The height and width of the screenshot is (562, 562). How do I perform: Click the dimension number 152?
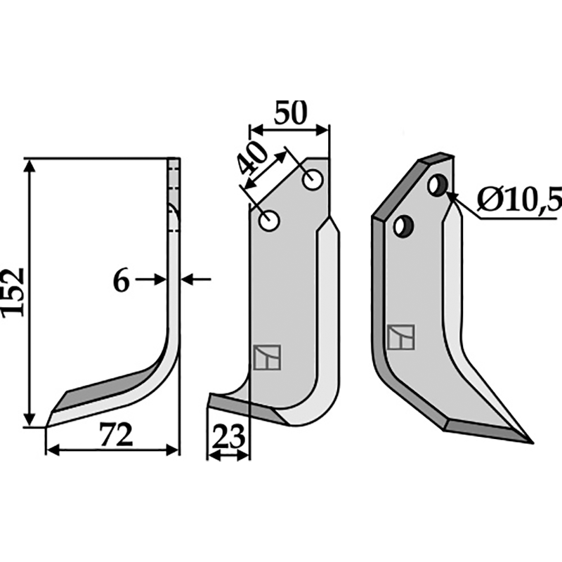[x=13, y=292]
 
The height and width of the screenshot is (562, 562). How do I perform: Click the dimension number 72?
[x=116, y=434]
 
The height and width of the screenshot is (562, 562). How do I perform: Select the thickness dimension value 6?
[x=121, y=281]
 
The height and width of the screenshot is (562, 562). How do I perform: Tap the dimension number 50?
[x=291, y=112]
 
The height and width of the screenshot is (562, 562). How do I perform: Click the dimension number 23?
[x=228, y=436]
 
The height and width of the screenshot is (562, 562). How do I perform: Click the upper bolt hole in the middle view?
[x=313, y=179]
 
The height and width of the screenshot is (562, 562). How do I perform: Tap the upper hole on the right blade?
[x=438, y=185]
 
